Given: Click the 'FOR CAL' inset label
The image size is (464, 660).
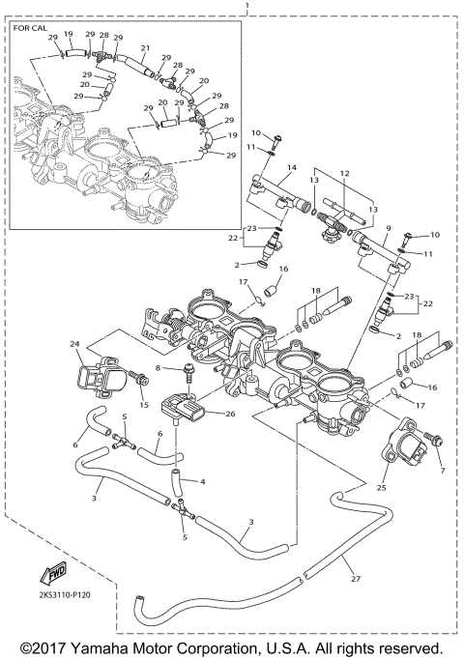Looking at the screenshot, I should pos(29,29).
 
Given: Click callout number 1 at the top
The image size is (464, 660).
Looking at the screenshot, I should pos(248,7).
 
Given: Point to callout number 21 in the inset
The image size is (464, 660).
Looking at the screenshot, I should pos(145,48).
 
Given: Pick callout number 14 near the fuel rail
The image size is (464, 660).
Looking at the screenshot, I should pos(291,169).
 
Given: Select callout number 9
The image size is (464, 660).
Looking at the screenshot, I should pos(387,229).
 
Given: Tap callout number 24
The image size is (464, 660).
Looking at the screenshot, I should pos(73,343).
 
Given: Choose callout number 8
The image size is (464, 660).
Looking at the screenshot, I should pos(157,368).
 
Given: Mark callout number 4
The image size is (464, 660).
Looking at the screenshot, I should pos(202,481).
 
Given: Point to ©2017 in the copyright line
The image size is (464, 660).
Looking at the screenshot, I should pos(43,647).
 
